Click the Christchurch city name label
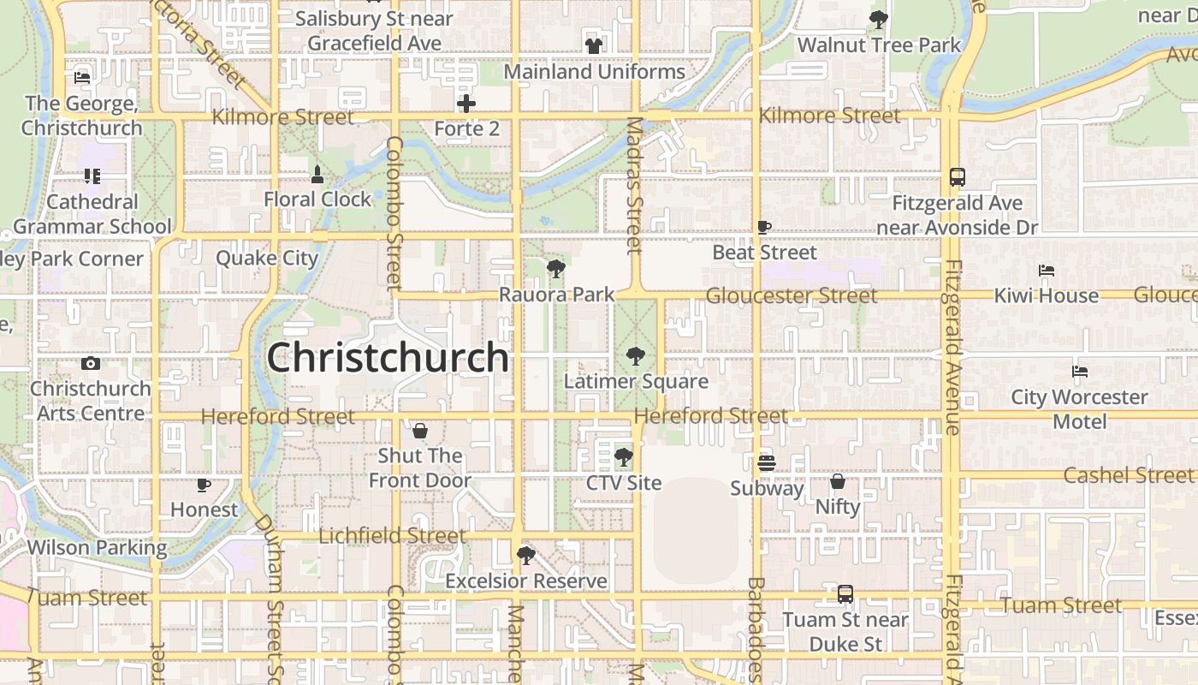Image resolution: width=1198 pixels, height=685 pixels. (388, 357)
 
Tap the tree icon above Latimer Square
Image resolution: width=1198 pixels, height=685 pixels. (635, 355)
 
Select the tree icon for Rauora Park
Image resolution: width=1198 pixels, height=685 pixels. (556, 269)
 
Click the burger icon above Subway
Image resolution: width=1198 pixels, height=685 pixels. (766, 463)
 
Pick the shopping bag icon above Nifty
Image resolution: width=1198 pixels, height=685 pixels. (838, 481)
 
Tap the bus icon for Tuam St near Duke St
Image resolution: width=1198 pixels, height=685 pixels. (845, 593)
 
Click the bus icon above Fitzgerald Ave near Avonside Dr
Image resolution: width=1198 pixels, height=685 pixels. (958, 177)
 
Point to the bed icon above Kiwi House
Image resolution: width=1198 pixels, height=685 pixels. (1046, 271)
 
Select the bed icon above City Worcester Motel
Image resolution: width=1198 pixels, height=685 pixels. (1079, 372)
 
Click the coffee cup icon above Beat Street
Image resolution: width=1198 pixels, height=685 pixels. (764, 227)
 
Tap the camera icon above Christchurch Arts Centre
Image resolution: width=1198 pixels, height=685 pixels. (91, 363)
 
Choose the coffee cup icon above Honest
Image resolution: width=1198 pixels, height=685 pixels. (204, 485)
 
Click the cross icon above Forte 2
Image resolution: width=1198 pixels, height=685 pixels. (466, 104)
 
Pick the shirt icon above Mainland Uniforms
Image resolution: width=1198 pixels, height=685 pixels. (594, 46)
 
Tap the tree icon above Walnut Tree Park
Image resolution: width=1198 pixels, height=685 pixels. (879, 20)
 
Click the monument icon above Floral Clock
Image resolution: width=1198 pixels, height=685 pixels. (317, 175)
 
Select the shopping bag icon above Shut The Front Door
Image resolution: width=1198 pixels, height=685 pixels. (420, 430)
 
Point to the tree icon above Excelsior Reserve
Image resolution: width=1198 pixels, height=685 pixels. (526, 556)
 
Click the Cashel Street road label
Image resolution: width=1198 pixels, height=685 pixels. (1128, 475)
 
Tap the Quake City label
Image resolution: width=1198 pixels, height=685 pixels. (267, 258)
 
